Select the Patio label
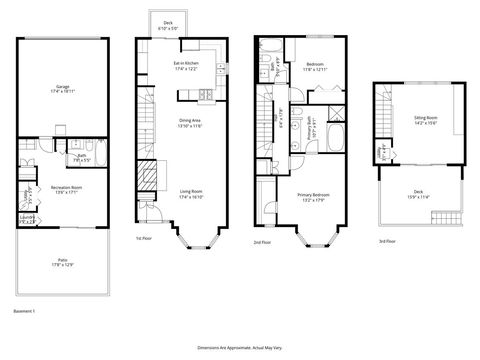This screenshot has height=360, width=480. click(62, 263)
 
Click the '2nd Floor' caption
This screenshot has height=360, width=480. click(262, 242)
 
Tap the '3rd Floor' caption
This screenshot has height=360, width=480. click(387, 242)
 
